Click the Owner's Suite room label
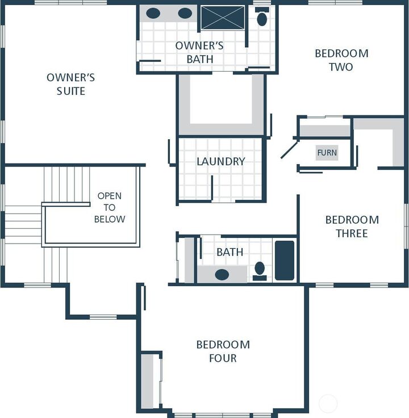(70, 84)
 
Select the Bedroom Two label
(341, 60)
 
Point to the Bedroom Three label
(352, 227)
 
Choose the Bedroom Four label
(223, 352)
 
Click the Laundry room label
(221, 161)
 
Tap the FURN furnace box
(327, 153)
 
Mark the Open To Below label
(109, 207)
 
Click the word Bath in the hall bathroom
(229, 252)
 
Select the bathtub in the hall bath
(285, 261)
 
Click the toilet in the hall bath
(260, 269)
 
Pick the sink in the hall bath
(222, 274)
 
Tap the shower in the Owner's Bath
(222, 18)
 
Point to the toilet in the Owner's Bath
(262, 18)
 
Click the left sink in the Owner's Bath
(153, 13)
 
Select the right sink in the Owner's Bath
(185, 13)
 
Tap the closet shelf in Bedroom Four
(148, 381)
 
